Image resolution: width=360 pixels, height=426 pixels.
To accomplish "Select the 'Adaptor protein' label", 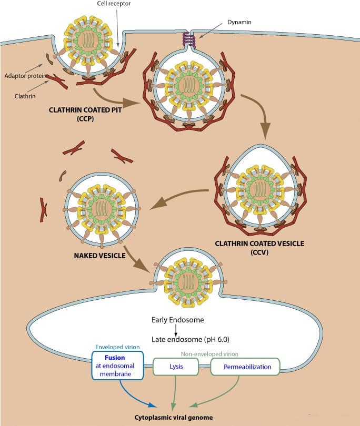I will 23,75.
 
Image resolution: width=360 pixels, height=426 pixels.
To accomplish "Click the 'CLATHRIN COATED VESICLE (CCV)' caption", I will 259,248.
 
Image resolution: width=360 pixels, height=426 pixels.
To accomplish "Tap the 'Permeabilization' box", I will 245,367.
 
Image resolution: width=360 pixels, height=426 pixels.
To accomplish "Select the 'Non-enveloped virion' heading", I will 209,354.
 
